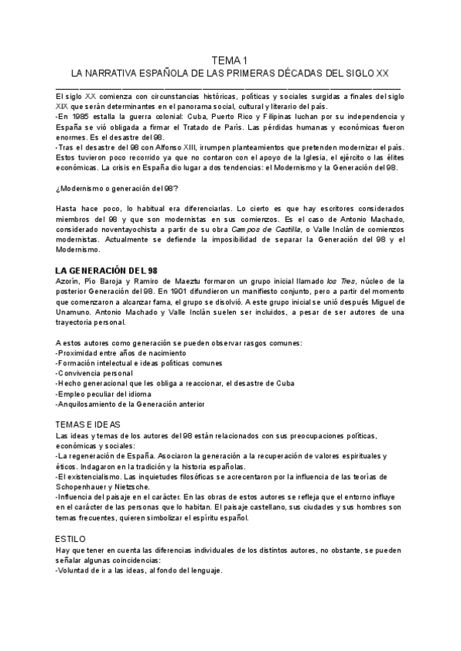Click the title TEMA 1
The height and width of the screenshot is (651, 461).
click(230, 61)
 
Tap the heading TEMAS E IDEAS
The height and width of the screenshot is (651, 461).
click(88, 424)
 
